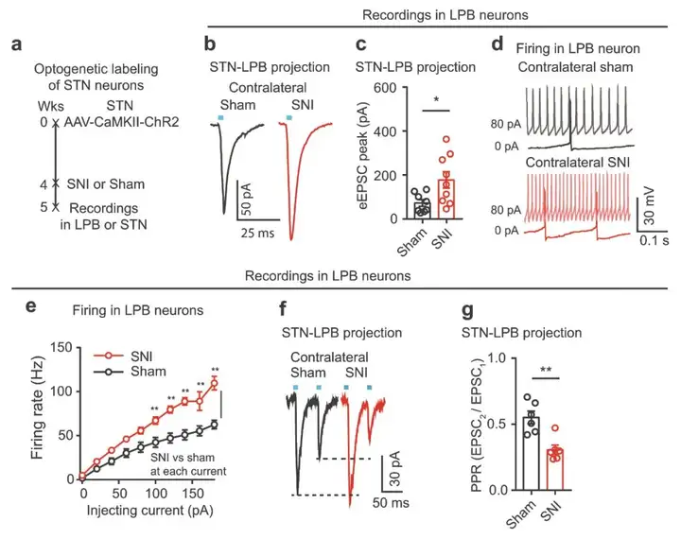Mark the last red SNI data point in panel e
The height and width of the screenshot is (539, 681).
[x=214, y=383]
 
